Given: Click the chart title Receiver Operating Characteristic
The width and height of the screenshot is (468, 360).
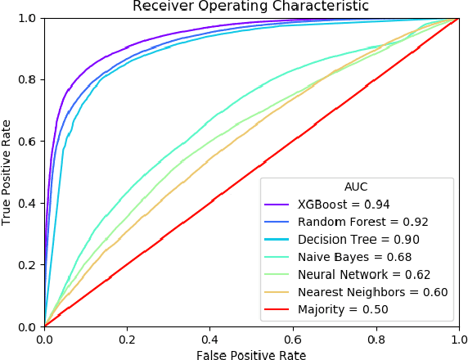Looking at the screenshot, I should coord(250,7).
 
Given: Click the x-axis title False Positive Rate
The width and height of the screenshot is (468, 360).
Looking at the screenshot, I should coord(250,355).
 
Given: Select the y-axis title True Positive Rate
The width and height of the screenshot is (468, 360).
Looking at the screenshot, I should coord(7,172).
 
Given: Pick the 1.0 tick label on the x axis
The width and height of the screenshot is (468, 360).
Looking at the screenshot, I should coord(456,338).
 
